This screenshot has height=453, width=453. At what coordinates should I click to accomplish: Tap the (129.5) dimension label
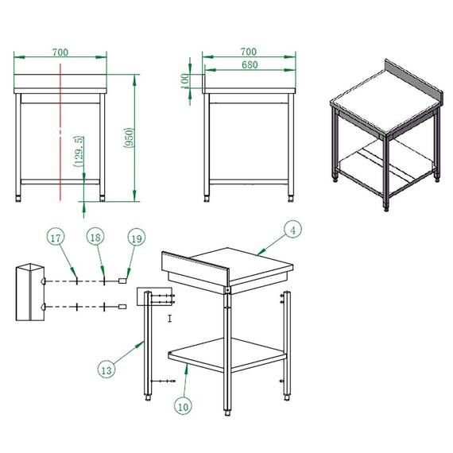pos(79,151)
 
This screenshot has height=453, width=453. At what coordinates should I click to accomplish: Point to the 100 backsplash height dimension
pos(185,80)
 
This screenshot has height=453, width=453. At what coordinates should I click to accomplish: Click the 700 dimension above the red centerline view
pos(60,52)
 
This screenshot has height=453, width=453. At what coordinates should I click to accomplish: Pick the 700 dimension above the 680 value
pos(248,52)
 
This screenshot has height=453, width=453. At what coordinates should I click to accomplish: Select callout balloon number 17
pos(55,238)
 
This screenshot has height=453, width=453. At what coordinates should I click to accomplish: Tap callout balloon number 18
pos(95,238)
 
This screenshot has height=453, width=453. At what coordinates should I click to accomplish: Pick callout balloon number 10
pos(184,406)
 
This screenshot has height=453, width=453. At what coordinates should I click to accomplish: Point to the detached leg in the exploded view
pos(146,350)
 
